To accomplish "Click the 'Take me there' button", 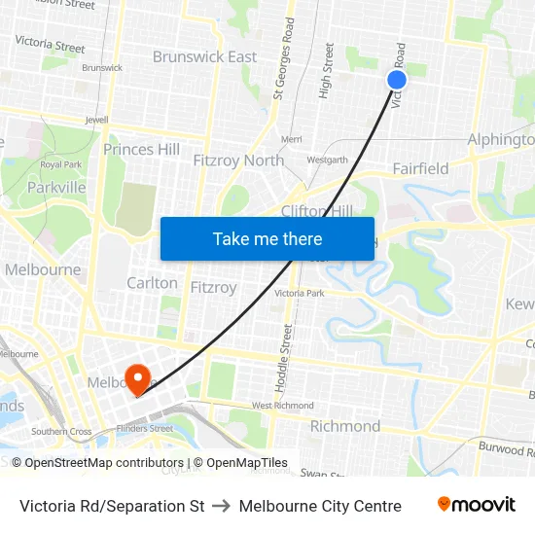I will point(267,238).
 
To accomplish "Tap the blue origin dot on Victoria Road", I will point(397,80).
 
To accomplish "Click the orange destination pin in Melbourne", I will point(137,377).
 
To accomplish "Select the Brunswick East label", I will point(204,56).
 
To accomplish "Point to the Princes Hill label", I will point(141,149).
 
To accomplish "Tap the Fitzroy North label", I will point(238,160).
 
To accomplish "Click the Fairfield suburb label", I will point(420,168).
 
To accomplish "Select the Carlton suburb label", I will point(152,283).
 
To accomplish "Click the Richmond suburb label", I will point(345,426).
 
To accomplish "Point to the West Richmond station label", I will point(282,406).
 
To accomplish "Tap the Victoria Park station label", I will point(299,293).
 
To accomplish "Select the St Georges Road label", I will point(283,71).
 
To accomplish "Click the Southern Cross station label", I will point(61,432).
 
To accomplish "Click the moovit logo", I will point(476,505).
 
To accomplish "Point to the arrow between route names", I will point(221,506).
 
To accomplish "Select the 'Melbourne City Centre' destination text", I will point(320,506).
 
